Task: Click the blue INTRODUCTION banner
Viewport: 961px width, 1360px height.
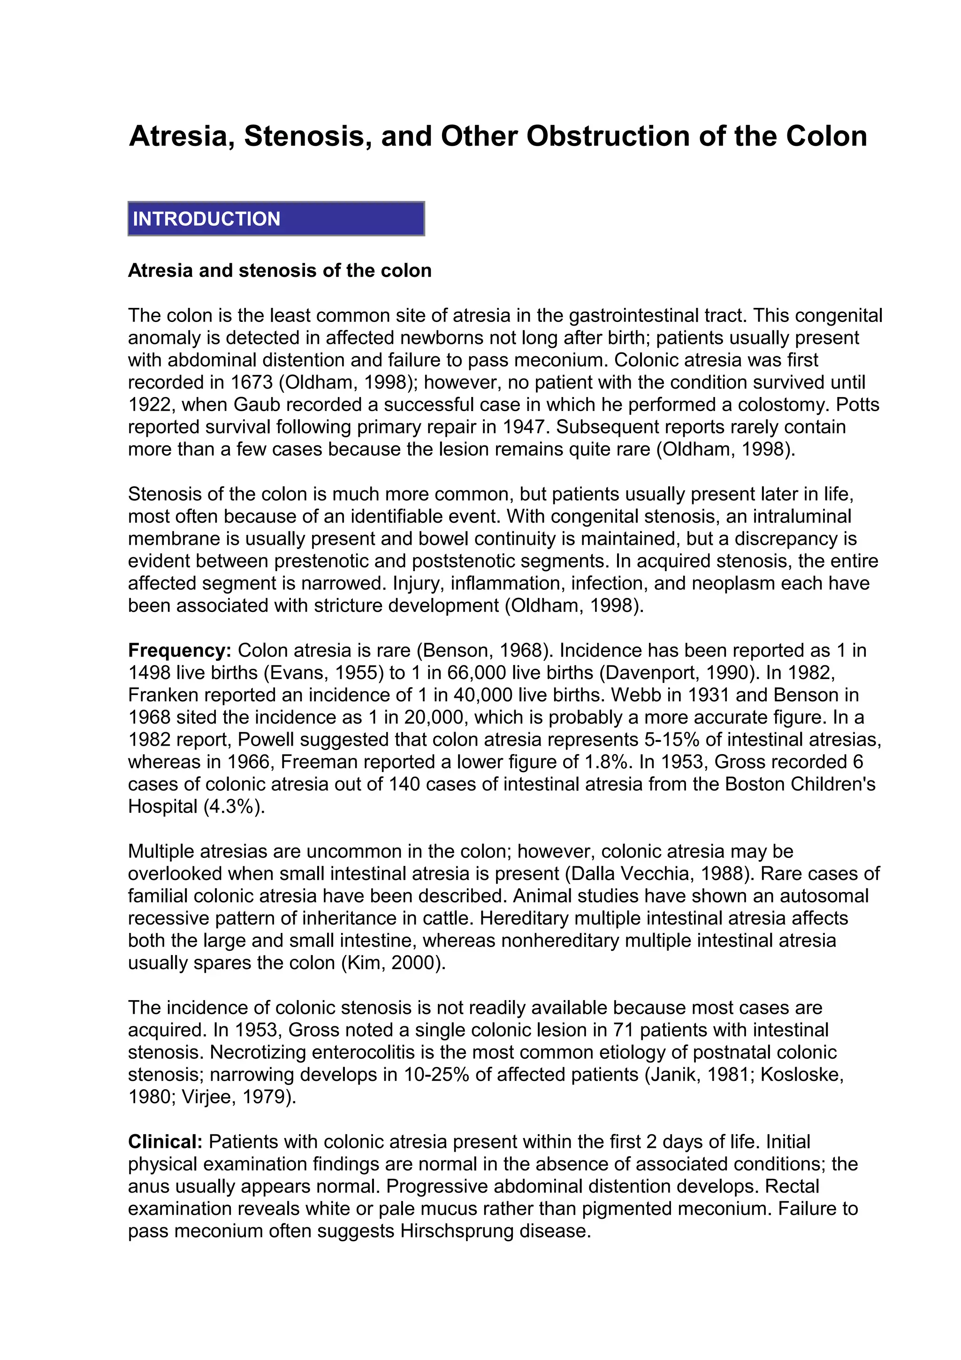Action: tap(276, 219)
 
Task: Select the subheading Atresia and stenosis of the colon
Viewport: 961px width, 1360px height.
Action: tap(280, 271)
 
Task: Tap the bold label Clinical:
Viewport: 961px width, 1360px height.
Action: tap(165, 1141)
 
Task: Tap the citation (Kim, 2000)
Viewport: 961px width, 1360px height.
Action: tap(393, 963)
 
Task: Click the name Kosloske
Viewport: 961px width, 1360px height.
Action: tap(801, 1075)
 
